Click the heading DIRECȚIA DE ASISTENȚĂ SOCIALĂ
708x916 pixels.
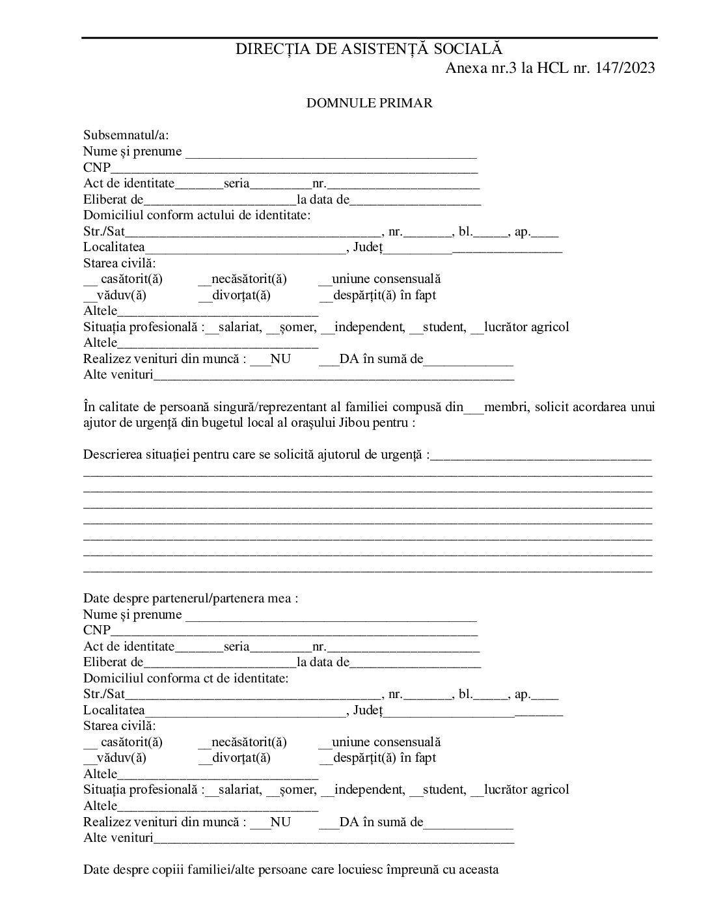point(369,49)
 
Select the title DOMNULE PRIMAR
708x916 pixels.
point(370,103)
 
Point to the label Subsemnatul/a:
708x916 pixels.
point(126,135)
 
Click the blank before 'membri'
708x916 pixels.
point(474,408)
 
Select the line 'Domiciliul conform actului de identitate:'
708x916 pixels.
point(197,215)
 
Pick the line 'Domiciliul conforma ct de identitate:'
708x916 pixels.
point(185,679)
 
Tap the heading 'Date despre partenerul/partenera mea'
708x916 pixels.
point(188,599)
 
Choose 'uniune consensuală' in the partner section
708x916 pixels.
point(386,742)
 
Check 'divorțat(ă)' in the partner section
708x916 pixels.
point(241,758)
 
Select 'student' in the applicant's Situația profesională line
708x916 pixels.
point(444,327)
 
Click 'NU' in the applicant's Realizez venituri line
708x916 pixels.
point(280,359)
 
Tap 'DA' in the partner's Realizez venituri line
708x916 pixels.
point(349,822)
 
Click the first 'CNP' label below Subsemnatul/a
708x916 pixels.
point(96,168)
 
